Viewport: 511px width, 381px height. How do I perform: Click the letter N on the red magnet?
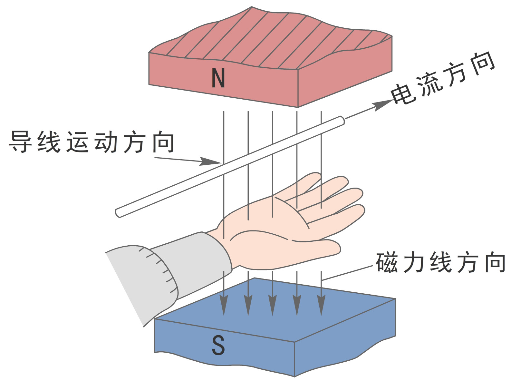coord(218,78)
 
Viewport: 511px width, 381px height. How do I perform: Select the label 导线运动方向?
coord(92,142)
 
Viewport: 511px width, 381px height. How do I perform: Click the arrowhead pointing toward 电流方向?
coord(383,105)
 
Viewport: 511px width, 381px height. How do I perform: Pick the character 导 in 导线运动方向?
coord(20,142)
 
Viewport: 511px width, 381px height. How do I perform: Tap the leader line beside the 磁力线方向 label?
coord(348,273)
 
